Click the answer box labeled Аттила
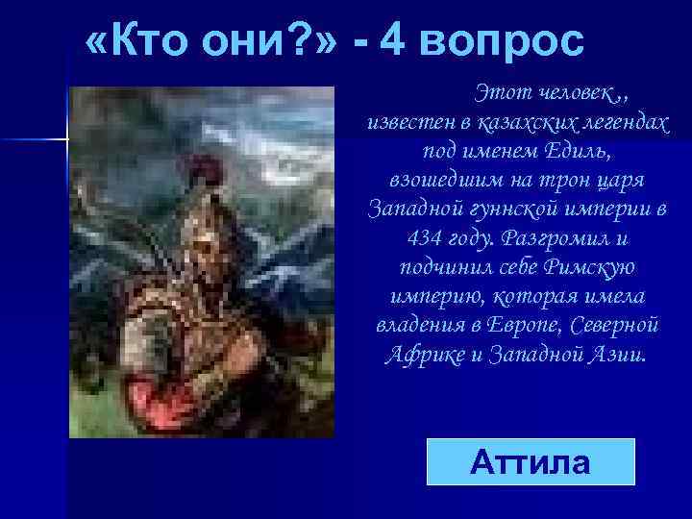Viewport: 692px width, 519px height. pyautogui.click(x=531, y=461)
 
